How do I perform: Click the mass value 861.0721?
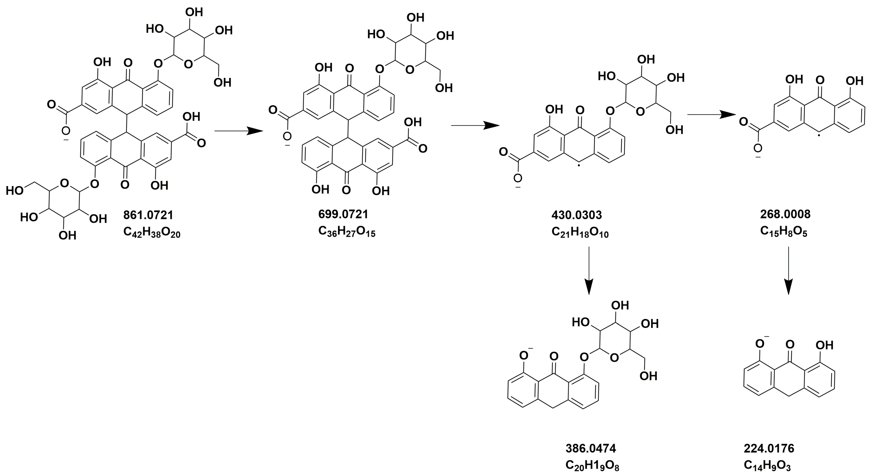pyautogui.click(x=148, y=215)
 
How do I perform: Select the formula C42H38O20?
pyautogui.click(x=152, y=233)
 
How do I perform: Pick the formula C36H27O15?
pyautogui.click(x=346, y=232)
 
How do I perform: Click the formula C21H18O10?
pyautogui.click(x=580, y=233)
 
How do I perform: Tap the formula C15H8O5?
pyautogui.click(x=784, y=232)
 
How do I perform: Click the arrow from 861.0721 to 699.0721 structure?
pyautogui.click(x=238, y=131)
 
